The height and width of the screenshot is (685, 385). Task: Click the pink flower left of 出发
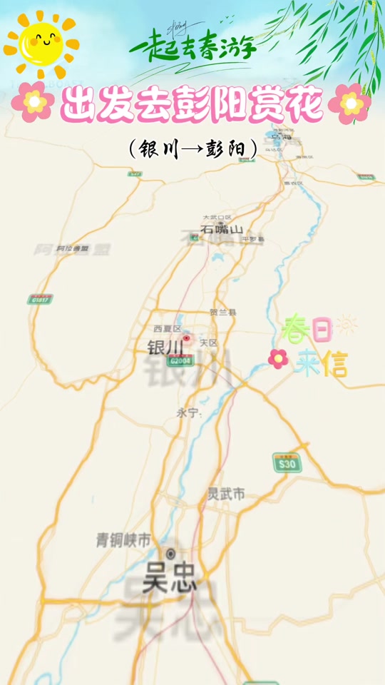(33, 102)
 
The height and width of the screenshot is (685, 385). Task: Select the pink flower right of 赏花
(349, 103)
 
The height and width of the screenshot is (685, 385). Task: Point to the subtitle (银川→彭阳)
(192, 148)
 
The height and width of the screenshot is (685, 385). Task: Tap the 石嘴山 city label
(221, 230)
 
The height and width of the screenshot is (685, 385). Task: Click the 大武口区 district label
(217, 217)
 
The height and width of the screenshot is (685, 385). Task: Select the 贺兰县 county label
(223, 313)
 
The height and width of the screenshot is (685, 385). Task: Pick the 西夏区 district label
(168, 328)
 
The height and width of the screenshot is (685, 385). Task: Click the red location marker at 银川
(188, 338)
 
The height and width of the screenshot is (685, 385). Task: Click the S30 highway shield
(287, 465)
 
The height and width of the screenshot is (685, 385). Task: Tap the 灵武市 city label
(226, 494)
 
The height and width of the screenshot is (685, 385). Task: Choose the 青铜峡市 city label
(124, 540)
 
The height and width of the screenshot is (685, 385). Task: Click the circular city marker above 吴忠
(170, 554)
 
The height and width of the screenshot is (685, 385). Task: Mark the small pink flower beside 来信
(277, 359)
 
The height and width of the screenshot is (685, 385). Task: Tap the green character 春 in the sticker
(294, 329)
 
